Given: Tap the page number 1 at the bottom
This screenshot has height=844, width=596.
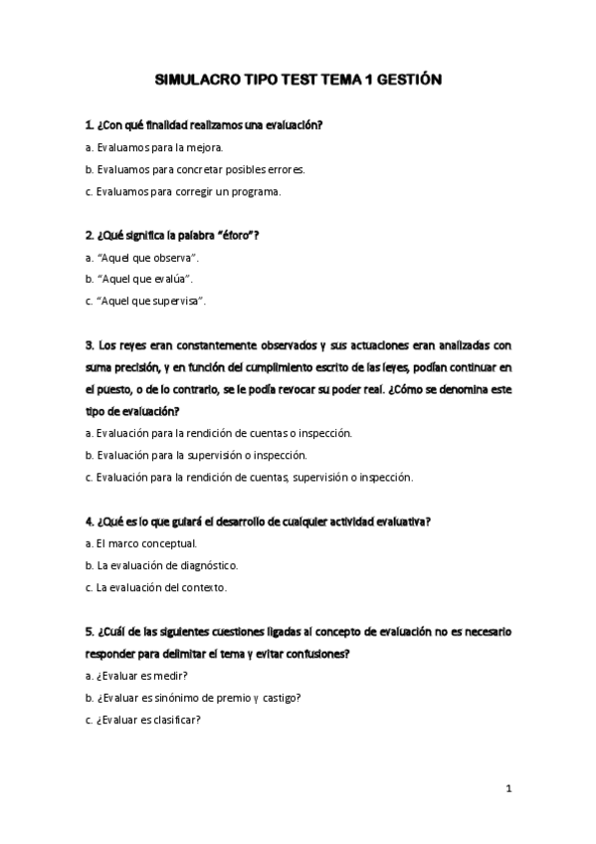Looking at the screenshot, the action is click(x=508, y=789).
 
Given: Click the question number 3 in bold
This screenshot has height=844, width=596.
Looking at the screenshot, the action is click(x=89, y=345).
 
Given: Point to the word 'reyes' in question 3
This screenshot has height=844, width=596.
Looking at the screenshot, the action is click(x=131, y=345).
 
